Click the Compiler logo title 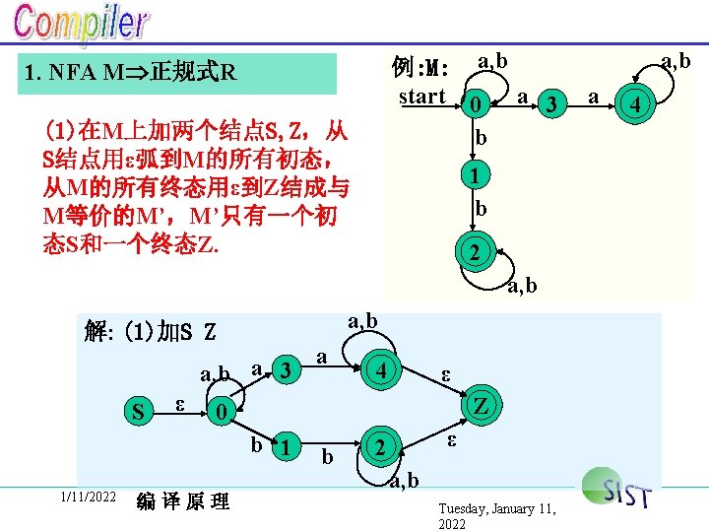coord(82,25)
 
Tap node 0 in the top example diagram coord(475,103)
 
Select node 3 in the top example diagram coord(552,102)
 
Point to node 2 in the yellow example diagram coord(475,253)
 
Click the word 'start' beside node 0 coord(422,97)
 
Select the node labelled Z coord(481,406)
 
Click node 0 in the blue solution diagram coord(225,412)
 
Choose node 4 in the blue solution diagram coord(378,371)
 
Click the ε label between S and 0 coord(178,403)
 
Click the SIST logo coord(617,489)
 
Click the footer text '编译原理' coord(183,502)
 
